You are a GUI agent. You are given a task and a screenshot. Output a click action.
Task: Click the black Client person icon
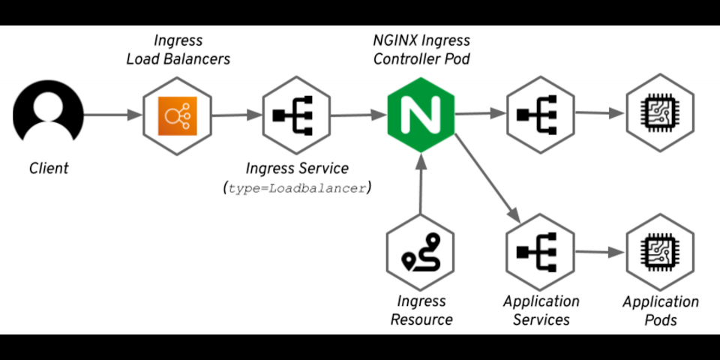47,115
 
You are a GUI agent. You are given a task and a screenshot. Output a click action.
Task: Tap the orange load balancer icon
177,115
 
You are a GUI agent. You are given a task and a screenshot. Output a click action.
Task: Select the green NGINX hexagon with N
421,115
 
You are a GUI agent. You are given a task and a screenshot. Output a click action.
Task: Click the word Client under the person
49,168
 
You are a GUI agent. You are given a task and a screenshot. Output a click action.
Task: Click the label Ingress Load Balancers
178,49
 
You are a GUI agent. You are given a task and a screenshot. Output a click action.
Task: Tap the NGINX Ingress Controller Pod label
421,49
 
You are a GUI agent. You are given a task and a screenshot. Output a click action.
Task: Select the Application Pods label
661,310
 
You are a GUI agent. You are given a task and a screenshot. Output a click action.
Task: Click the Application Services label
541,310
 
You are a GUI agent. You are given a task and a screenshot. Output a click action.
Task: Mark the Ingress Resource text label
421,310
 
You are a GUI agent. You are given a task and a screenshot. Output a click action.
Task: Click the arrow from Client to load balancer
112,115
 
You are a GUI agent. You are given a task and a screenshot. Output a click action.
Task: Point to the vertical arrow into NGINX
421,187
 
